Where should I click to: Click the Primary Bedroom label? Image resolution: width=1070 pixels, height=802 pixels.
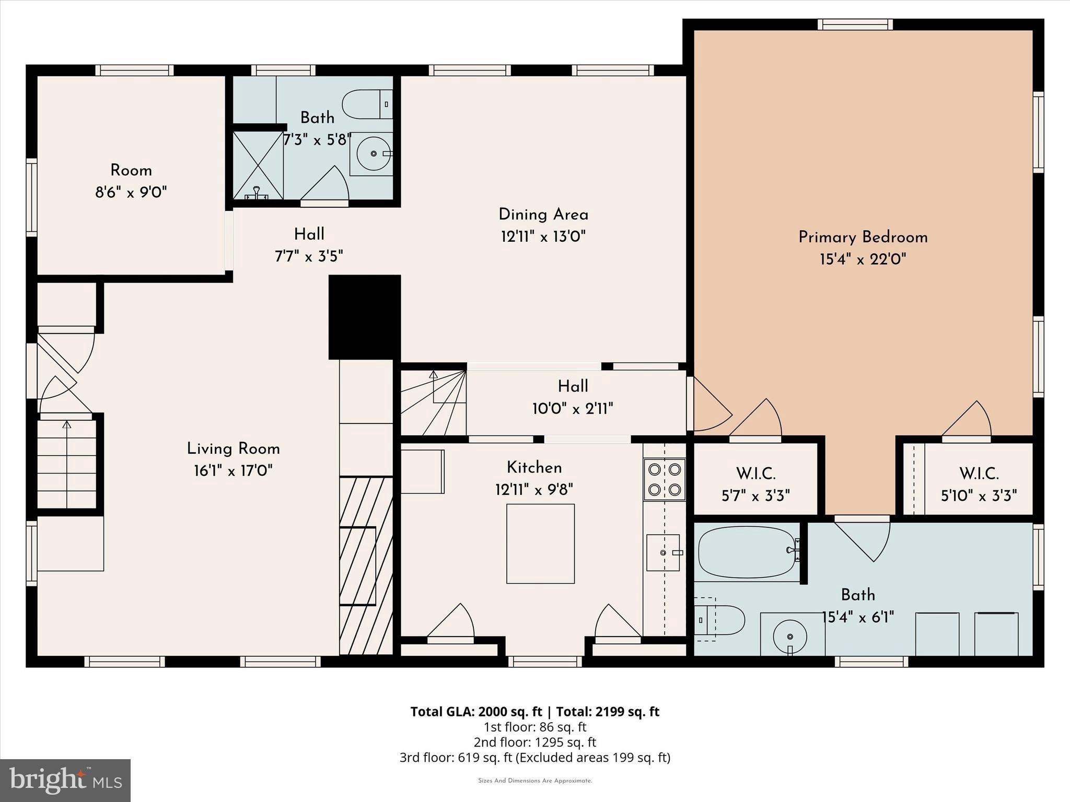863,237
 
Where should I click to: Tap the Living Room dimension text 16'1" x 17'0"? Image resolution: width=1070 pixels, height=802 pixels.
233,471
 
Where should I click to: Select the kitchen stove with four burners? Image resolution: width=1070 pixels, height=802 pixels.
664,479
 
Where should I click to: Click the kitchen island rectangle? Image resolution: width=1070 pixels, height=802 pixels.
540,544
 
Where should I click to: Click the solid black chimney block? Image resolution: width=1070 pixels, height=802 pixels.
365,317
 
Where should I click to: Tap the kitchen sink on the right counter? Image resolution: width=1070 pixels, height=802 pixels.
663,552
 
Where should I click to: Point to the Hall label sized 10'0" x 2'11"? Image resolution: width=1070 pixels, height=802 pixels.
573,397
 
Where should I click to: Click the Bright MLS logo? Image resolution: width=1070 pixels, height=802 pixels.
65,781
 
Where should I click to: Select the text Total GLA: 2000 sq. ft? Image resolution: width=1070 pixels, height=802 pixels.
476,712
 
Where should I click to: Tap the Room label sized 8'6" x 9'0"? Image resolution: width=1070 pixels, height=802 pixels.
131,181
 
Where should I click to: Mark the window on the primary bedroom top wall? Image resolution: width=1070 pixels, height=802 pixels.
854,25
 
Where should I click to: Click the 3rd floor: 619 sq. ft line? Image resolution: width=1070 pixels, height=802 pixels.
534,757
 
